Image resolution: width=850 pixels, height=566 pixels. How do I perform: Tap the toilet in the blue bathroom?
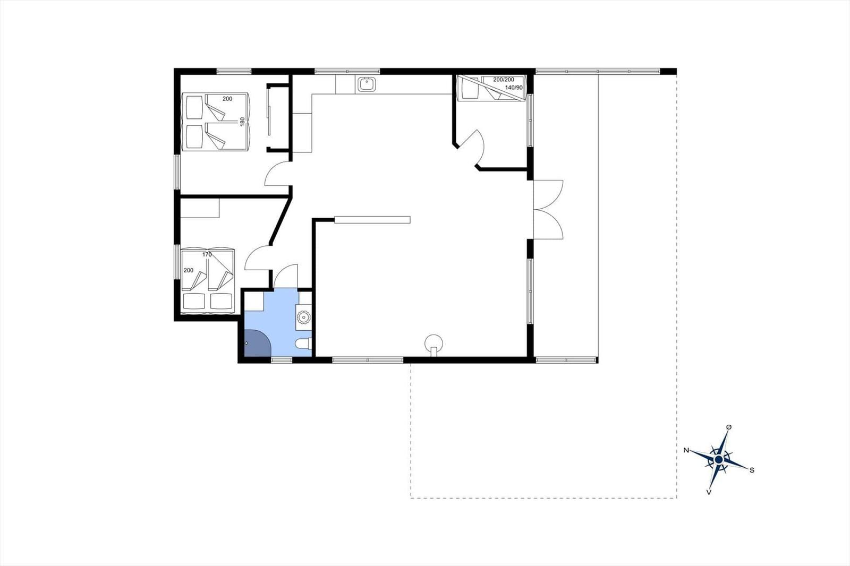(303, 344)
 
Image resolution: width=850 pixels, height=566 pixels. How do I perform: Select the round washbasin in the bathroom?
(303, 317)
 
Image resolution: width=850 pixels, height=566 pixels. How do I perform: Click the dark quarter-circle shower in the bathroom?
(257, 344)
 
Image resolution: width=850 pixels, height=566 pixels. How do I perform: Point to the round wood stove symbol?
(433, 344)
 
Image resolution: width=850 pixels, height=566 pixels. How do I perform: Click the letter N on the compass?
(686, 450)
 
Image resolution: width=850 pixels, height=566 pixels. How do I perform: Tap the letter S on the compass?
(752, 470)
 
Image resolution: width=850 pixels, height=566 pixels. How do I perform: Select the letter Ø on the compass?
(728, 427)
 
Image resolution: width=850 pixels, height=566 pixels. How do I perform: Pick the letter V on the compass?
(709, 492)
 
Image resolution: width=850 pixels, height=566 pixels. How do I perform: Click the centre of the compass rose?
(718, 460)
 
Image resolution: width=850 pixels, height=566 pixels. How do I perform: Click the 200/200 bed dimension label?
(504, 80)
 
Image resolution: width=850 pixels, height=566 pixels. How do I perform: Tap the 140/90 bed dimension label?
(514, 88)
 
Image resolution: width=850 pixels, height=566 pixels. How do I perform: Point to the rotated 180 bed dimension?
(242, 122)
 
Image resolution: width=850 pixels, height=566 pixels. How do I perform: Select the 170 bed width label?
(207, 254)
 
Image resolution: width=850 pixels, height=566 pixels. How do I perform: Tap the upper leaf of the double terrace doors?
(548, 195)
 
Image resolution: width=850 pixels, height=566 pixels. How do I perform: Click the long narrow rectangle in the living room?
(372, 220)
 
